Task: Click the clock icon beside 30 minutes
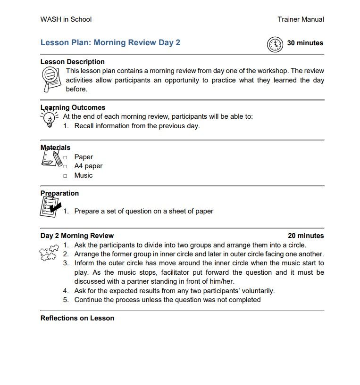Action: (x=275, y=43)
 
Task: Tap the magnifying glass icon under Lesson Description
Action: (x=50, y=79)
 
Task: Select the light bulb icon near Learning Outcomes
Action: (x=49, y=119)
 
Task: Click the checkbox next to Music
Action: (x=66, y=176)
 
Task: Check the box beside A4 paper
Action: (x=66, y=166)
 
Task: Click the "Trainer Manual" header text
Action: (x=301, y=19)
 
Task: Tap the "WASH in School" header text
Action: (x=66, y=19)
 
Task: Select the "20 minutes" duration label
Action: (x=306, y=236)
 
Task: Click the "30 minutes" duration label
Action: (x=305, y=43)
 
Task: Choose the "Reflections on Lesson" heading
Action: (x=77, y=318)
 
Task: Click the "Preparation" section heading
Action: (x=59, y=193)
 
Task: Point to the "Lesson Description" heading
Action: (x=73, y=62)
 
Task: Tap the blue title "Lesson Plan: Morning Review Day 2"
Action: (x=110, y=42)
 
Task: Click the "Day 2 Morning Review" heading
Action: (x=77, y=236)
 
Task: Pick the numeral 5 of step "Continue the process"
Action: (x=66, y=300)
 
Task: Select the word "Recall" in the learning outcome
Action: (x=84, y=126)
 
